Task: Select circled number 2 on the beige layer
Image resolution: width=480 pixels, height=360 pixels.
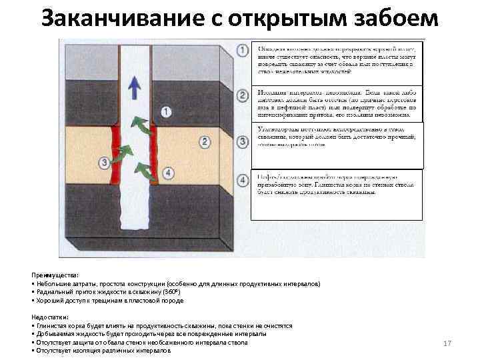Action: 205,141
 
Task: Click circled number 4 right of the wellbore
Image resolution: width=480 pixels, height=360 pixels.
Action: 169,173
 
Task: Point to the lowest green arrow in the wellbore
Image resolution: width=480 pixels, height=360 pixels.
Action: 142,169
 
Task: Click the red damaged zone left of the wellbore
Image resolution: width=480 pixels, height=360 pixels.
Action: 115,155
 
